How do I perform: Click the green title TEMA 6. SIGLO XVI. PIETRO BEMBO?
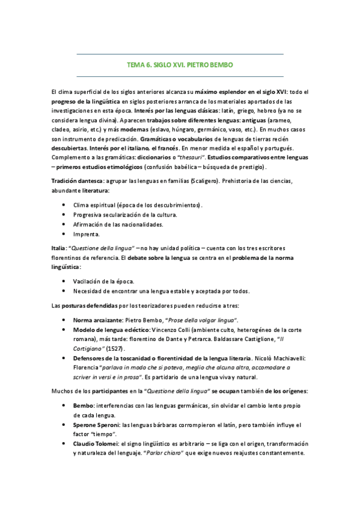[x=180, y=64]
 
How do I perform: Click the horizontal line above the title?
[x=180, y=54]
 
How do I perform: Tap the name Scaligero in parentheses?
[x=206, y=181]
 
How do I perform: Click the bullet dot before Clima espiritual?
[x=64, y=205]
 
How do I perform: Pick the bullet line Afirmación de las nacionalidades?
[x=118, y=225]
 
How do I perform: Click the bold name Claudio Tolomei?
[x=96, y=444]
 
